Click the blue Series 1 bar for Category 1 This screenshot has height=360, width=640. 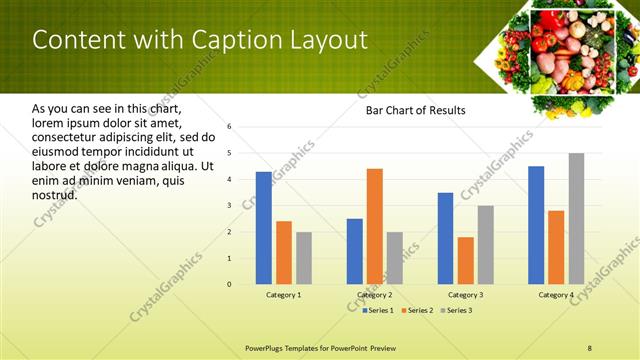pyautogui.click(x=263, y=228)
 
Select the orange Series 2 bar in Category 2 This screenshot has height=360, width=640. pyautogui.click(x=375, y=226)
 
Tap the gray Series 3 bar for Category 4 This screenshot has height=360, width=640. pyautogui.click(x=576, y=218)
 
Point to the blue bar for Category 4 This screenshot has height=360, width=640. pyautogui.click(x=536, y=225)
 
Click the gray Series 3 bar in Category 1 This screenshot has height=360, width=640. pyautogui.click(x=304, y=258)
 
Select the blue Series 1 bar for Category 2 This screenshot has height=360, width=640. pyautogui.click(x=355, y=251)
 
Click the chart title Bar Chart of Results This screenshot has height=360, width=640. pyautogui.click(x=415, y=110)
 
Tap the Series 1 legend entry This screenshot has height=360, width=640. pyautogui.click(x=378, y=311)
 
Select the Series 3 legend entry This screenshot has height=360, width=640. pyautogui.click(x=459, y=311)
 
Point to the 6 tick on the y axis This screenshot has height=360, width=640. pyautogui.click(x=229, y=127)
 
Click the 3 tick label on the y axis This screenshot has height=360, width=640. pyautogui.click(x=229, y=205)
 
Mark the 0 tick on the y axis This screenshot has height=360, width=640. pyautogui.click(x=229, y=284)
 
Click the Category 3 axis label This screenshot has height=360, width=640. pyautogui.click(x=465, y=295)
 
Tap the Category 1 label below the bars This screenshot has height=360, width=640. pyautogui.click(x=283, y=295)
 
